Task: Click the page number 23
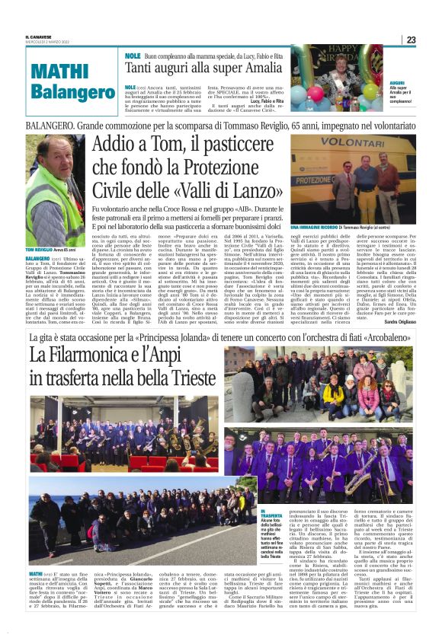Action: pos(411,40)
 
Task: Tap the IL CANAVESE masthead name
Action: pos(37,35)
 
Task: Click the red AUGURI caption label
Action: pos(397,82)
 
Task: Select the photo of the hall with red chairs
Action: pos(123,435)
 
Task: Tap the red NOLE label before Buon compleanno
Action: pos(132,56)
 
